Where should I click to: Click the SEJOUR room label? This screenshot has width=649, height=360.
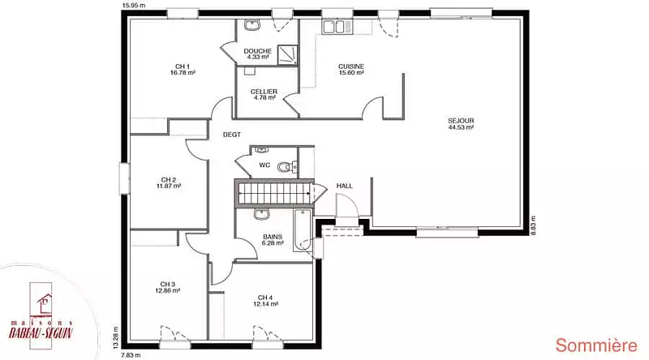[461, 121]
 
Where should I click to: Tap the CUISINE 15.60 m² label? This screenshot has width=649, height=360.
[351, 70]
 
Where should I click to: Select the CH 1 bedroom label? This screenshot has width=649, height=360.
[183, 66]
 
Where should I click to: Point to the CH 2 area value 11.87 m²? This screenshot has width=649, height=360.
[169, 186]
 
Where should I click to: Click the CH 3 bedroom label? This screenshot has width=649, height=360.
[168, 285]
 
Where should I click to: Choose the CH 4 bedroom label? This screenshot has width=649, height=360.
[265, 298]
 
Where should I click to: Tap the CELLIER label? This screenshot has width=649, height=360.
[264, 92]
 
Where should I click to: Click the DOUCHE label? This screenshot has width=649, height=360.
[257, 51]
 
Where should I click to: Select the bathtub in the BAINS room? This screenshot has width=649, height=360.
[302, 230]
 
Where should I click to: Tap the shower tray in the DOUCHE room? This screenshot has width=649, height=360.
[287, 54]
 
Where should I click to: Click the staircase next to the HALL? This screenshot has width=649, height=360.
[274, 192]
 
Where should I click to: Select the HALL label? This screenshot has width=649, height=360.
[344, 186]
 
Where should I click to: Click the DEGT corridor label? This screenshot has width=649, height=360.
[232, 135]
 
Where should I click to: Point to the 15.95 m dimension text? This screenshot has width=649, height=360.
[134, 6]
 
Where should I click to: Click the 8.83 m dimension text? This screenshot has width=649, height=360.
[534, 225]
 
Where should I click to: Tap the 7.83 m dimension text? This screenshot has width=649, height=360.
[131, 355]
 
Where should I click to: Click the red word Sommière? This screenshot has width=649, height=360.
[596, 345]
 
